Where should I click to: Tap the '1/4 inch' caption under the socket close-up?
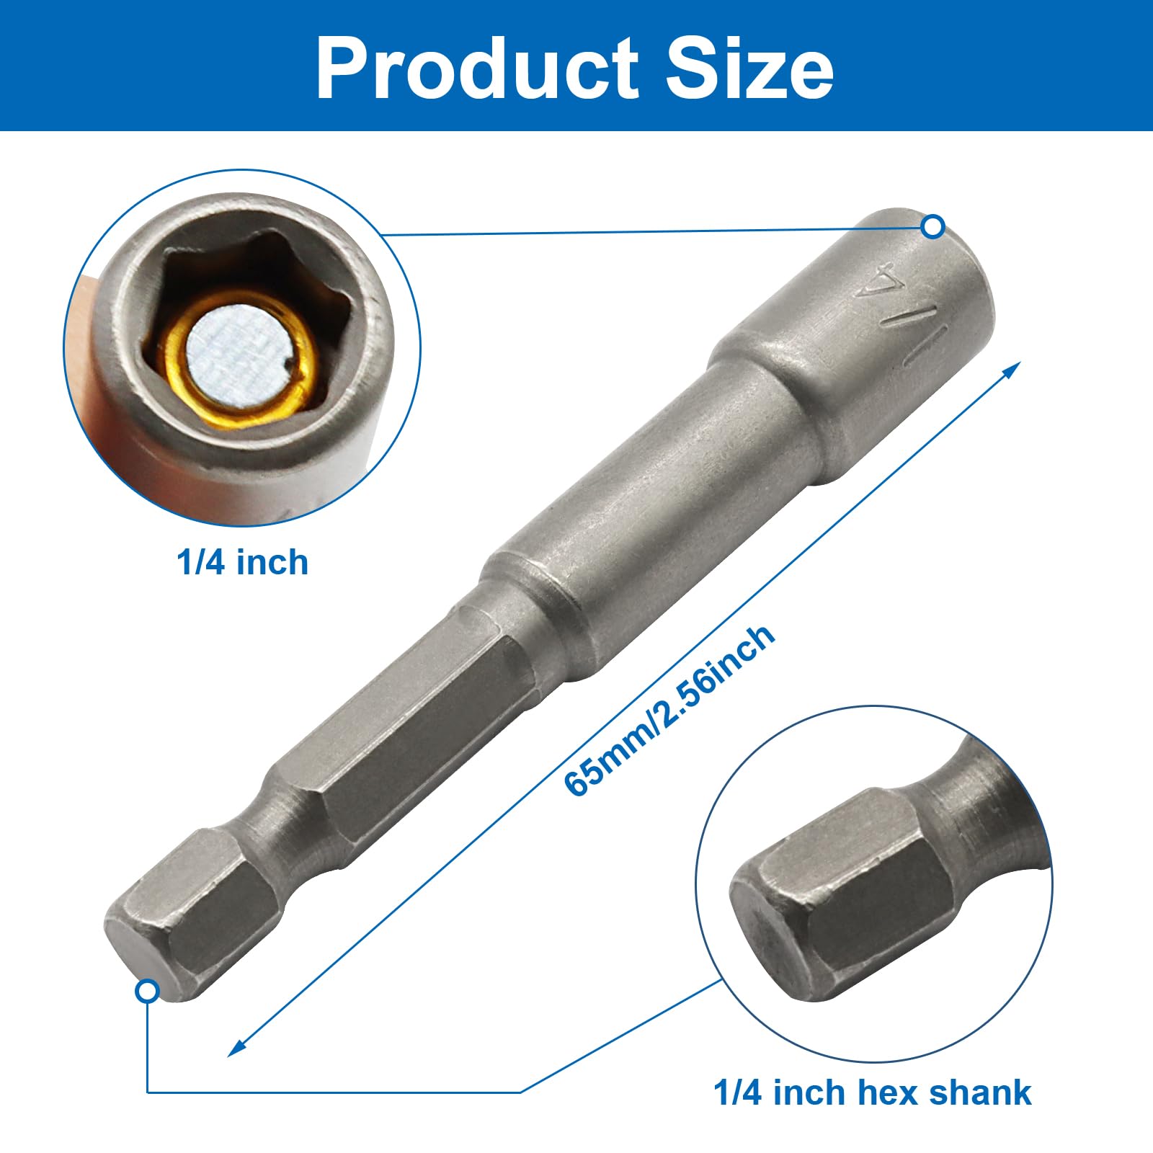pos(242,563)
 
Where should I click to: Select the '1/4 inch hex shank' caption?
pos(872,1092)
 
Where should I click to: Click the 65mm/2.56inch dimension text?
pos(670,710)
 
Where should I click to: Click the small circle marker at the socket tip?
pos(933,227)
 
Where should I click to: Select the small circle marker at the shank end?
pos(147,992)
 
